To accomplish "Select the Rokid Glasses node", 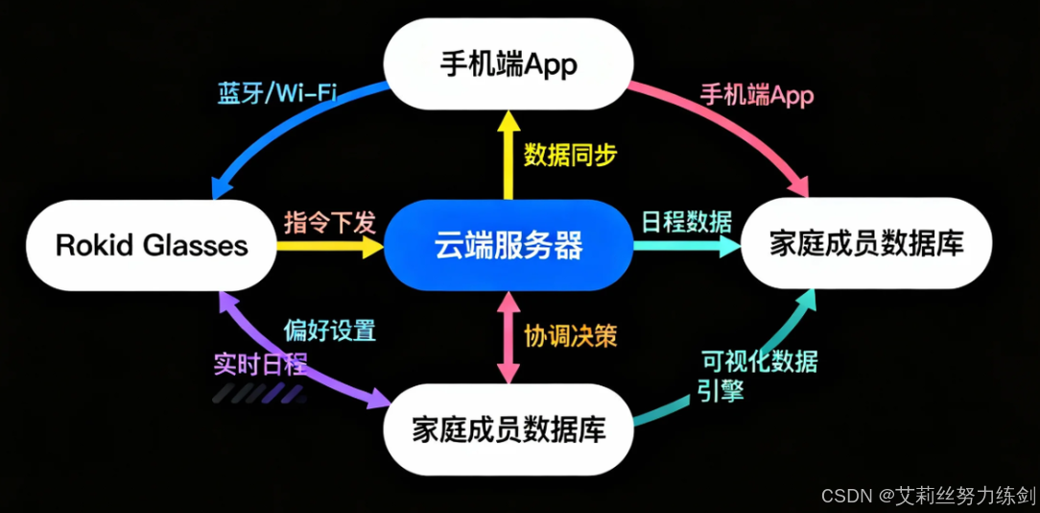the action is pyautogui.click(x=152, y=245).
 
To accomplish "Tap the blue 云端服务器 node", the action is pyautogui.click(x=508, y=246).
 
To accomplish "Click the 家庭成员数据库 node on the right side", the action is pyautogui.click(x=866, y=245).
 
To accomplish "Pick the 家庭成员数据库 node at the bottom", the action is pyautogui.click(x=508, y=428).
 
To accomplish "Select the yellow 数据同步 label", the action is pyautogui.click(x=570, y=155).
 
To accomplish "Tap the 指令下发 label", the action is pyautogui.click(x=329, y=223).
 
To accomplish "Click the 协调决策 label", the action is pyautogui.click(x=570, y=335).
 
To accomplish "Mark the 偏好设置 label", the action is pyautogui.click(x=329, y=330).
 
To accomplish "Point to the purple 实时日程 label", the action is pyautogui.click(x=260, y=364).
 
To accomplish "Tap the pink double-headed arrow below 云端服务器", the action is pyautogui.click(x=508, y=337).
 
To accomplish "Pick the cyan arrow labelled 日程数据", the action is pyautogui.click(x=686, y=246).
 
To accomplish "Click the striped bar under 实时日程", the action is pyautogui.click(x=259, y=393).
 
